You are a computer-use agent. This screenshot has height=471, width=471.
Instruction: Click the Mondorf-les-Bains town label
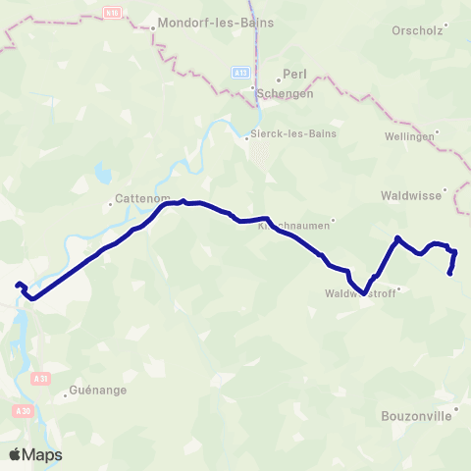216,21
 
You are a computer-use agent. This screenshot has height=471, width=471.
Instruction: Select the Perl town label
295,74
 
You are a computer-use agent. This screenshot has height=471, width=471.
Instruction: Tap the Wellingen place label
409,136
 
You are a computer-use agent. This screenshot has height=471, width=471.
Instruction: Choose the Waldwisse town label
411,195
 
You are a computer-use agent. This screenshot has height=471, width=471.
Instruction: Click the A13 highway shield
240,73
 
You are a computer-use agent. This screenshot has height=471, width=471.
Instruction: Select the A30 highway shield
25,409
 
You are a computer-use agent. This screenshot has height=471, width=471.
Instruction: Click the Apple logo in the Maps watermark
16,454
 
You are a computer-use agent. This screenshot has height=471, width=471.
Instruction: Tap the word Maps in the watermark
43,454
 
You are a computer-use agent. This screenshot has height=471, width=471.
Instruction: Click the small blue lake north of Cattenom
102,176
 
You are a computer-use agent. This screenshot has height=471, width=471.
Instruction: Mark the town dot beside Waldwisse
445,189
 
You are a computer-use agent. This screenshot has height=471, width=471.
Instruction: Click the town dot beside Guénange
67,396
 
